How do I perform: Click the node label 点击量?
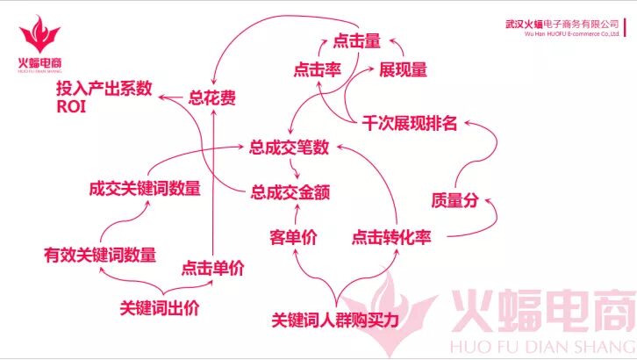pos(357,40)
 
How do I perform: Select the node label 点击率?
pos(318,71)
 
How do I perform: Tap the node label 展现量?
pos(403,68)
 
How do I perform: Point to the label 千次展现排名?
pos(410,122)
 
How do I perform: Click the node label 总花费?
pos(212,97)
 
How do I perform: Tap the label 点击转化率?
pos(391,237)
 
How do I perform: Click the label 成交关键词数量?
pos(145,188)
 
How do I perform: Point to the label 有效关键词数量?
pos(100,256)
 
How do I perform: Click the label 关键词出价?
pos(160,307)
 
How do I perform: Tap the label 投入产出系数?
pos(104,89)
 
